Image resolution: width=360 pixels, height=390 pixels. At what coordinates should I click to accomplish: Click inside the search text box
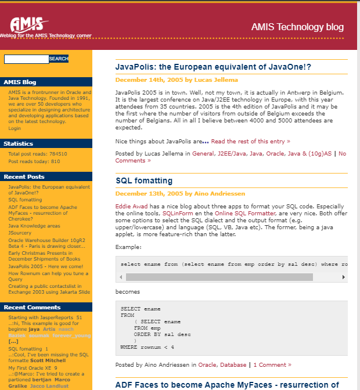click(26, 59)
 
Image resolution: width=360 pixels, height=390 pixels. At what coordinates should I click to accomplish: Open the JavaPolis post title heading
click(213, 67)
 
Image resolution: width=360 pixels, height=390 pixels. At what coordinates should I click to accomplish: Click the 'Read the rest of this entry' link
click(250, 141)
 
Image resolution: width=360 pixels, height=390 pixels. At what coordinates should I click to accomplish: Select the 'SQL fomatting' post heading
click(144, 180)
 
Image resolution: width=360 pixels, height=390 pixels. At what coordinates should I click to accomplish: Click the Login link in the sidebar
click(15, 128)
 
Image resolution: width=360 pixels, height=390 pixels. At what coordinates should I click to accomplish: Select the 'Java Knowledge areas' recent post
click(34, 226)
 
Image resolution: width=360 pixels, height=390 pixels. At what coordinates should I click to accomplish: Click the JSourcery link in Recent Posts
click(20, 233)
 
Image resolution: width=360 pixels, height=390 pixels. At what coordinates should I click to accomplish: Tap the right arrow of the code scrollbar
click(345, 277)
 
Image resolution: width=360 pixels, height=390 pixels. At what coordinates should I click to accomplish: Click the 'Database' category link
click(233, 364)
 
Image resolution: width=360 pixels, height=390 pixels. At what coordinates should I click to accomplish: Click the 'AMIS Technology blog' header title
click(297, 27)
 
